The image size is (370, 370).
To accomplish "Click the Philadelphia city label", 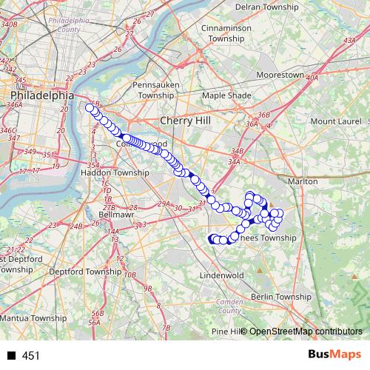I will click(x=42, y=95).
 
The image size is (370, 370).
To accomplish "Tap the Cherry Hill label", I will click(x=185, y=120).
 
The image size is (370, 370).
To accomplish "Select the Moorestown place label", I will click(x=280, y=75).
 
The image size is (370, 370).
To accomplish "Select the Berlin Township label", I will click(x=282, y=296).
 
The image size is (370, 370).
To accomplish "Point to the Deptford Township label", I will click(x=84, y=272).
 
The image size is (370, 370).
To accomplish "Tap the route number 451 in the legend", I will click(x=31, y=356).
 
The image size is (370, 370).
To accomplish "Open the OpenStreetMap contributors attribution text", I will click(x=305, y=332).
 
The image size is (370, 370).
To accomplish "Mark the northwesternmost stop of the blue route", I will click(x=90, y=108).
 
